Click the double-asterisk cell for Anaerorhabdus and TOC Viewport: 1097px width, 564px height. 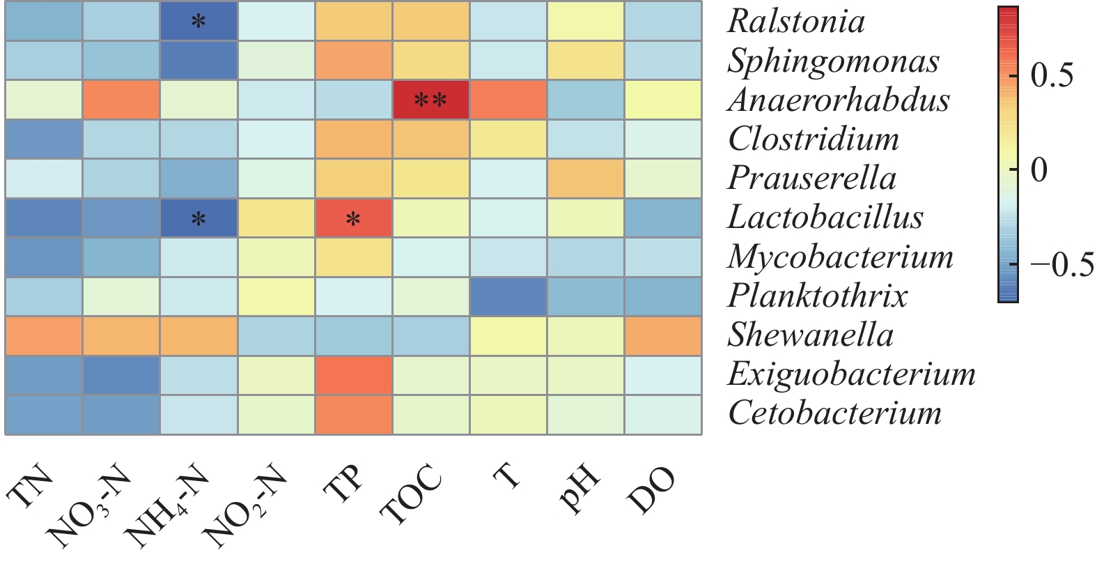click(x=430, y=100)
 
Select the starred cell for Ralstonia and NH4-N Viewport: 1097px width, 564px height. click(x=199, y=21)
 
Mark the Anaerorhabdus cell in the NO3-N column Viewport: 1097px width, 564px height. click(x=121, y=100)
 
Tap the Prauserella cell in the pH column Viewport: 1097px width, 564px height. click(x=585, y=178)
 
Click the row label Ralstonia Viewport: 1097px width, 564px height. click(x=796, y=21)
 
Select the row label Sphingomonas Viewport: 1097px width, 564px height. click(x=833, y=61)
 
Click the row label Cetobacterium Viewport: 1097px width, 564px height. click(x=834, y=413)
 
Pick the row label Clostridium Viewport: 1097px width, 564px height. click(x=814, y=139)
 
